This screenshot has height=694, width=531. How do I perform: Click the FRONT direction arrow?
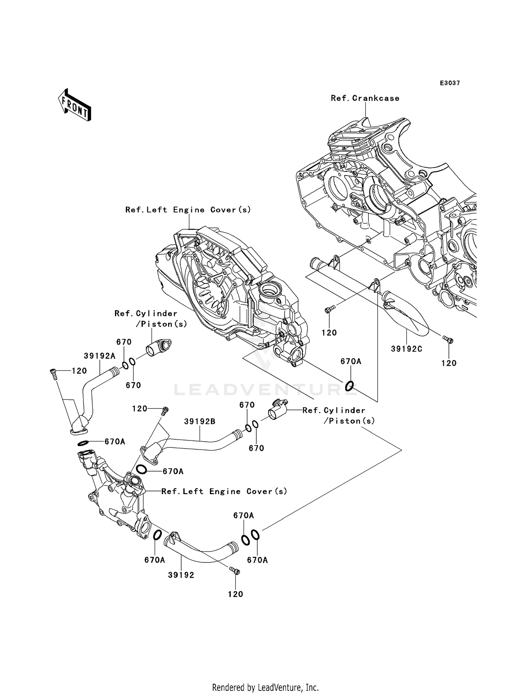point(75,106)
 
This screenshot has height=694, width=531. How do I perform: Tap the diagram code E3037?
point(450,83)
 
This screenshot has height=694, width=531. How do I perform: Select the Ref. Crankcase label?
point(365,98)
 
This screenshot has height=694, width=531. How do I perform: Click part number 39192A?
point(99,356)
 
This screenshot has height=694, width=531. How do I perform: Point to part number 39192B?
point(199,422)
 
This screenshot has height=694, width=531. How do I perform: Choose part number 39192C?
point(406,349)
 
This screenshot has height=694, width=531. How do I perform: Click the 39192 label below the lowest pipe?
point(181,575)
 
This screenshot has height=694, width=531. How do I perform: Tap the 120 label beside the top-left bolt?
point(79,371)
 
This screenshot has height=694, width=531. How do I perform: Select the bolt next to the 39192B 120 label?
point(165,411)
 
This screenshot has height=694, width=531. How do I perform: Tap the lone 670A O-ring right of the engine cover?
point(349,386)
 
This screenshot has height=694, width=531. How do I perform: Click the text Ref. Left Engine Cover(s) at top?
point(188,210)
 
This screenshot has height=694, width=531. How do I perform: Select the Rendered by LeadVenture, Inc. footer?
point(265,687)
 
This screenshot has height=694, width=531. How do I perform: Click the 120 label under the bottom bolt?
point(235,594)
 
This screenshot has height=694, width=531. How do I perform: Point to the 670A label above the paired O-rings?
point(243,516)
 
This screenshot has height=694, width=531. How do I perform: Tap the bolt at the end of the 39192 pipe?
point(234,570)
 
